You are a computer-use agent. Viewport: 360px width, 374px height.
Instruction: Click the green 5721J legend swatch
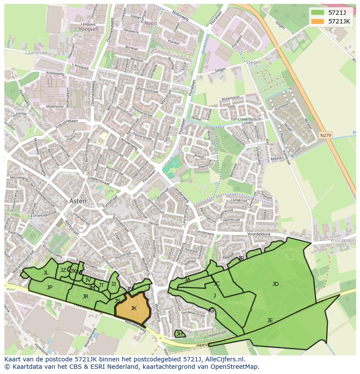pyautogui.click(x=318, y=13)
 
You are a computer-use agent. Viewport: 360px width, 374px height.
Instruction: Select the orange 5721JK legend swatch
pyautogui.click(x=318, y=21)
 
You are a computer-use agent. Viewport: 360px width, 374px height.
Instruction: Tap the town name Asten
pyautogui.click(x=78, y=201)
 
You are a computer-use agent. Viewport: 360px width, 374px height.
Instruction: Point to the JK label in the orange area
pyautogui.click(x=133, y=308)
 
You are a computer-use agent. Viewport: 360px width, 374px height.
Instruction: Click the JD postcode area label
pyautogui.click(x=275, y=284)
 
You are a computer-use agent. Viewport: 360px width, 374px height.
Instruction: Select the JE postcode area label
pyautogui.click(x=270, y=320)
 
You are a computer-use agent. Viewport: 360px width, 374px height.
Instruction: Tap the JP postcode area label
pyautogui.click(x=50, y=287)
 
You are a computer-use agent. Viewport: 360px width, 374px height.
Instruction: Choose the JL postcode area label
pyautogui.click(x=46, y=273)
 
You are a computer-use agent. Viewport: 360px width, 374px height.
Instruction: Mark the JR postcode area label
pyautogui.click(x=85, y=297)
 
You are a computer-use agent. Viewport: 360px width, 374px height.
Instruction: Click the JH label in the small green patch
pyautogui.click(x=179, y=334)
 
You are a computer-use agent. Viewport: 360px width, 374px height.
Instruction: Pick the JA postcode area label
pyautogui.click(x=187, y=280)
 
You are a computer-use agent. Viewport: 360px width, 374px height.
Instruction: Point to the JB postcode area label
pyautogui.click(x=241, y=258)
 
